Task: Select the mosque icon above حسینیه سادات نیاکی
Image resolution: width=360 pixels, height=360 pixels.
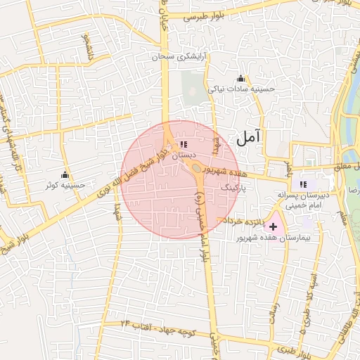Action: (241, 78)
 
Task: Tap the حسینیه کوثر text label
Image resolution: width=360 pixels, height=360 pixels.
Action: (65, 185)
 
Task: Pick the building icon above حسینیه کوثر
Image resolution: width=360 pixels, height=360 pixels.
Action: (65, 174)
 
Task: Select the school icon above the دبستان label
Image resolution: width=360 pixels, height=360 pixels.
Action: (184, 144)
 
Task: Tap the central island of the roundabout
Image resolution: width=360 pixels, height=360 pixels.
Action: (191, 167)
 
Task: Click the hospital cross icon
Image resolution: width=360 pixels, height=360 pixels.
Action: (273, 227)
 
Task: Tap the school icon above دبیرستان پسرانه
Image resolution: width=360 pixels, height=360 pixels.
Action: (302, 184)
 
